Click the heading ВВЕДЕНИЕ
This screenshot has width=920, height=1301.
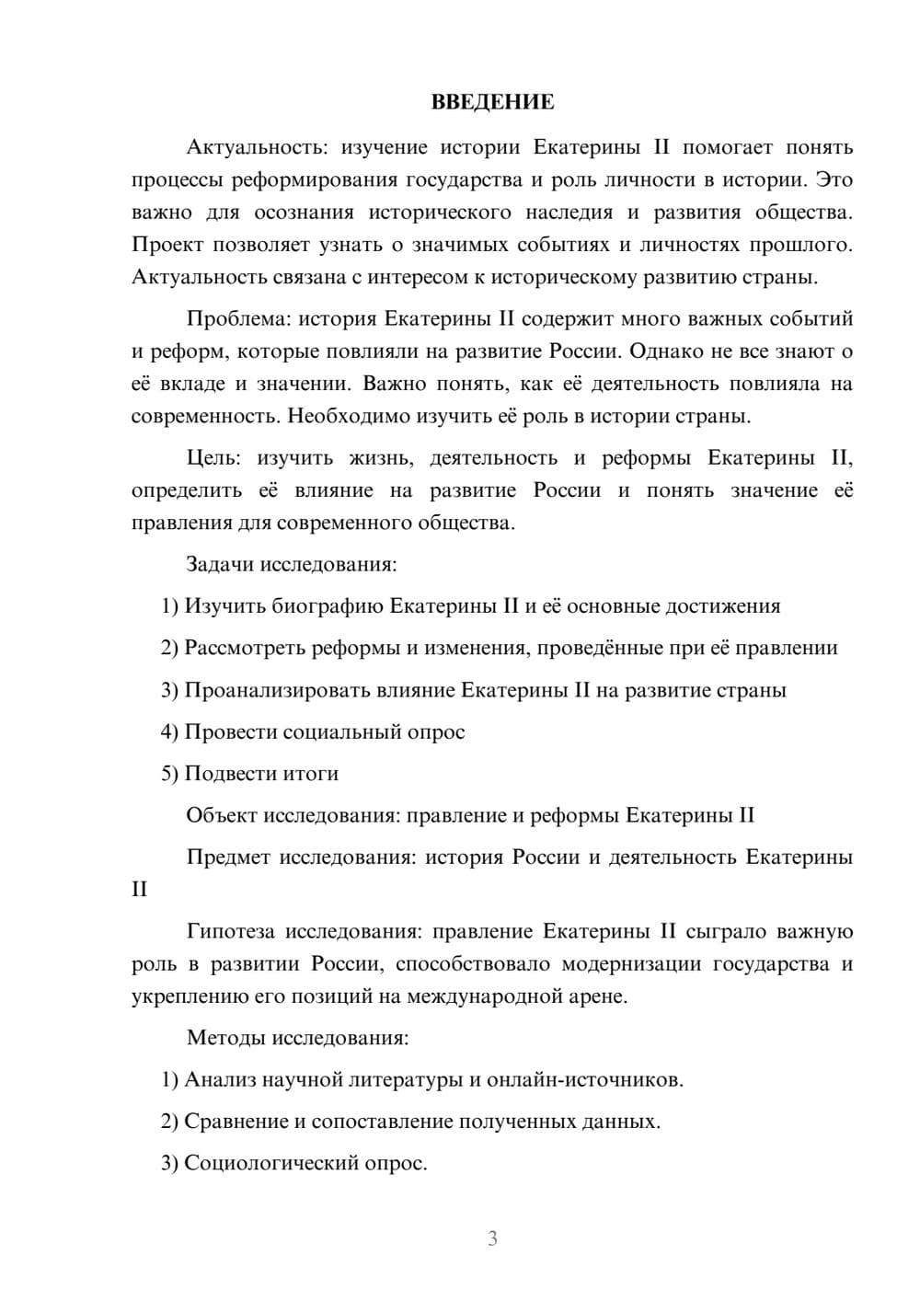pos(492,102)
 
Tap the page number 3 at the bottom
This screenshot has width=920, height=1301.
pos(492,1238)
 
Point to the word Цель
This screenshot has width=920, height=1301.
pos(215,458)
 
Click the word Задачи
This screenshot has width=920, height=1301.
pos(220,564)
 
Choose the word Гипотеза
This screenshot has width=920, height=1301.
pos(230,931)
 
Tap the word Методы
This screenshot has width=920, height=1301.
pos(224,1038)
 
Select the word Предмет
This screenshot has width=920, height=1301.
pos(228,858)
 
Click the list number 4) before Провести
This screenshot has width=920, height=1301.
pos(169,732)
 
